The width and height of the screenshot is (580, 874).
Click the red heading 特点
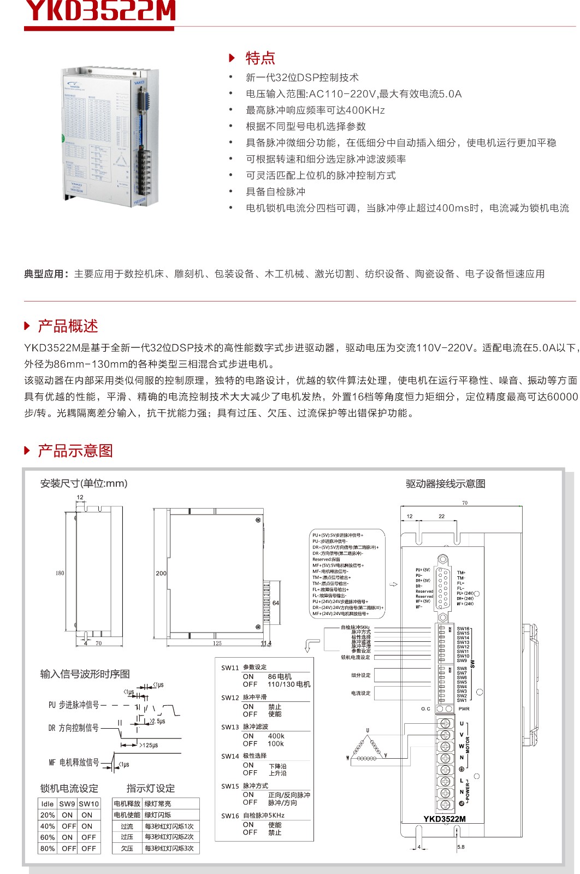[260, 58]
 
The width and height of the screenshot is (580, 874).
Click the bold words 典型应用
[46, 274]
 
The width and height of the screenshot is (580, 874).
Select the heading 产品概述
[68, 326]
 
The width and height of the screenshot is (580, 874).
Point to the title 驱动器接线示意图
[445, 483]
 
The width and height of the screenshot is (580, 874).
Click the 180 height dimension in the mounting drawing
[60, 573]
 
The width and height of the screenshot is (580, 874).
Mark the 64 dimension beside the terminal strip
[276, 603]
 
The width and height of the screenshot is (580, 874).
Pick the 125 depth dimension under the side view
[217, 643]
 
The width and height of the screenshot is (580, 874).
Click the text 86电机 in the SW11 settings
[280, 676]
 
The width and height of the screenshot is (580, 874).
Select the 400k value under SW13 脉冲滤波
[276, 736]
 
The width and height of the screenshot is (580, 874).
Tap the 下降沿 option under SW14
[277, 766]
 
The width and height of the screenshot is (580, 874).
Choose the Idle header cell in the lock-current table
[48, 804]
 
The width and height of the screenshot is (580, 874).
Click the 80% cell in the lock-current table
[48, 848]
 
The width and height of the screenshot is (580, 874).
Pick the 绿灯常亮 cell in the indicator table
[158, 804]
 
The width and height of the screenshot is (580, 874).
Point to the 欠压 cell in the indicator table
[127, 848]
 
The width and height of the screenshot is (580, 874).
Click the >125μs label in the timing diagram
[149, 745]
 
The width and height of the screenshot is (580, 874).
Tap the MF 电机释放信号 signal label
[74, 762]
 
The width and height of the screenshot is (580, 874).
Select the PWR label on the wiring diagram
[464, 708]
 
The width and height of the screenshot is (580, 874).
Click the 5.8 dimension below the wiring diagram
[461, 847]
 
